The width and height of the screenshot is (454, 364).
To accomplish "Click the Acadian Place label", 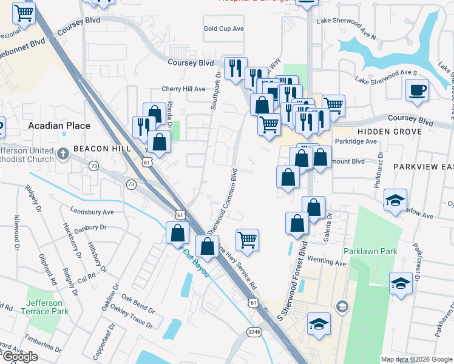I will [59, 126].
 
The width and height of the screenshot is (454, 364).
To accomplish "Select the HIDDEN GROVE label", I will [389, 132].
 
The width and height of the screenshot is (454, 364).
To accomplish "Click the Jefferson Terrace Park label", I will [44, 308].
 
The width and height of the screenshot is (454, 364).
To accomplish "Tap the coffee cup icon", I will [417, 91].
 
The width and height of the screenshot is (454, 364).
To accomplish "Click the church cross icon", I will [64, 153].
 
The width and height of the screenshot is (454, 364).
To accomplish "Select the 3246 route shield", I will [254, 331].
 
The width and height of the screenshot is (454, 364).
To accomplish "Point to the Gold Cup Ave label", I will [223, 29].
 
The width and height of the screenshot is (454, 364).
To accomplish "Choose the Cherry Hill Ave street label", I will [183, 89].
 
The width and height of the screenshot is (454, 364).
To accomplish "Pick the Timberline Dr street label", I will [44, 344].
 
